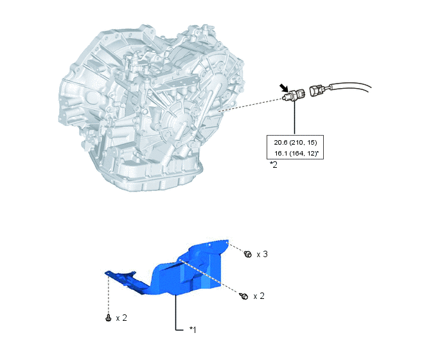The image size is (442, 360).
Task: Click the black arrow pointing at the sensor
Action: click(x=284, y=87)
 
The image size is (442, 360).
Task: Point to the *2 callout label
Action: click(x=274, y=165)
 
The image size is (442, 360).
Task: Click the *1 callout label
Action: click(x=193, y=329)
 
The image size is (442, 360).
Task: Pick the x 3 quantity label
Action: click(x=262, y=254)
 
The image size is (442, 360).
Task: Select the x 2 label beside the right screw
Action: click(x=259, y=296)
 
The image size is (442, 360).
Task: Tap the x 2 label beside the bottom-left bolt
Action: click(x=121, y=318)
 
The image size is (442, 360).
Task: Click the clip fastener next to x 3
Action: click(x=247, y=254)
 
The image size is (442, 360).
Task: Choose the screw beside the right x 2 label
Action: click(x=244, y=296)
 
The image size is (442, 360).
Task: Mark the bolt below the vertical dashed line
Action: click(x=108, y=318)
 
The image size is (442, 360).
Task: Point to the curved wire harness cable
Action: click(x=349, y=86)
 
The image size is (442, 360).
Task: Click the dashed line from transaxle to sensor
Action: click(x=251, y=104)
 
